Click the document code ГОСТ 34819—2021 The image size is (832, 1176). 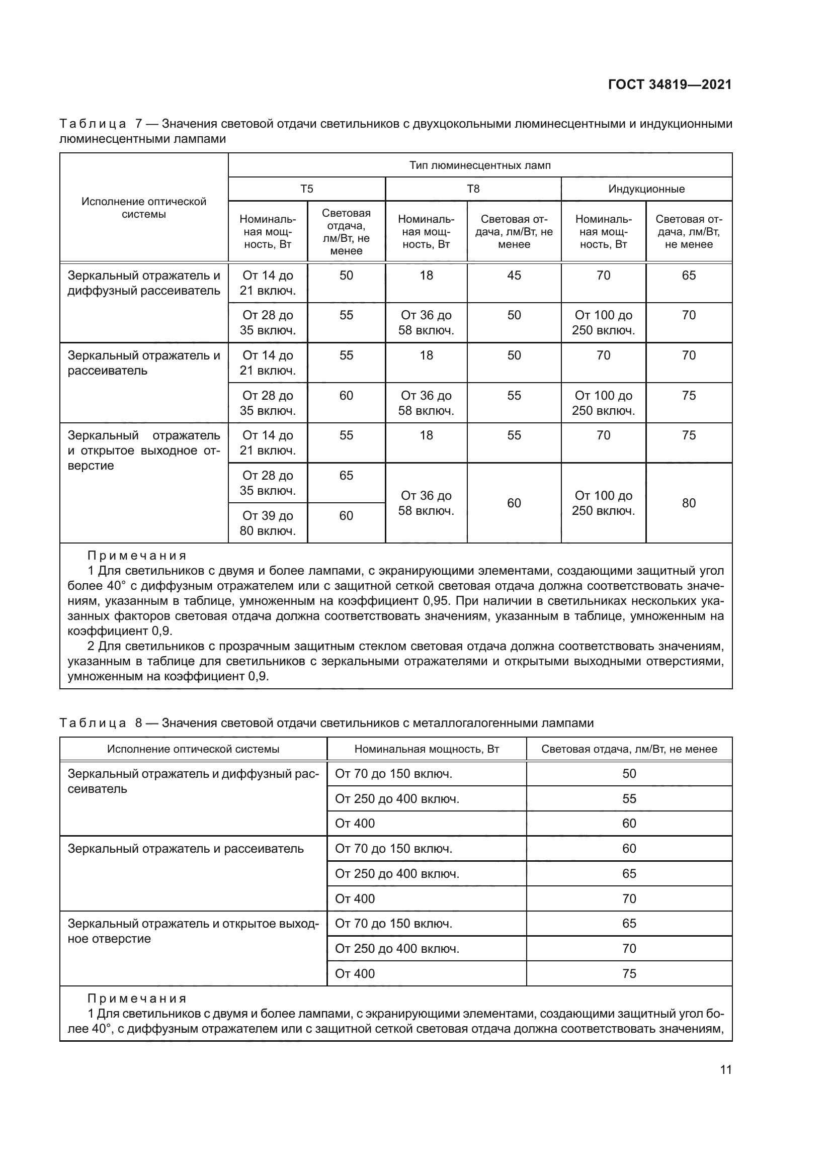[670, 84]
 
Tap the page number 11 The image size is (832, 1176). [725, 1069]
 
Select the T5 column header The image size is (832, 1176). [306, 189]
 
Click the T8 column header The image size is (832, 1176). [473, 189]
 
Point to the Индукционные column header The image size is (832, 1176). [646, 189]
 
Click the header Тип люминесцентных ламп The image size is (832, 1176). [479, 165]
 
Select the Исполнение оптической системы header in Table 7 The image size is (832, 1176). [143, 208]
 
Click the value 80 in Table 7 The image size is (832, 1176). [689, 503]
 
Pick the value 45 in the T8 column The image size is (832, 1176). [514, 276]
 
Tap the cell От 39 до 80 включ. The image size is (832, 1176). [268, 523]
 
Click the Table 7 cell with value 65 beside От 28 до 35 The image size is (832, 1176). [346, 475]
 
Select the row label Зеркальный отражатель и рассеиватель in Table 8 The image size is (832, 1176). [186, 849]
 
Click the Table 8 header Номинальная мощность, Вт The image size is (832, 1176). [426, 749]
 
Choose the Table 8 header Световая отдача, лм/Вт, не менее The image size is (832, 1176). [629, 749]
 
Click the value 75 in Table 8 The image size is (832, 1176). [629, 973]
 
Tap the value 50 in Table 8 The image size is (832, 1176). [629, 774]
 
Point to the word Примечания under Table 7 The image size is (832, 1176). [137, 556]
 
